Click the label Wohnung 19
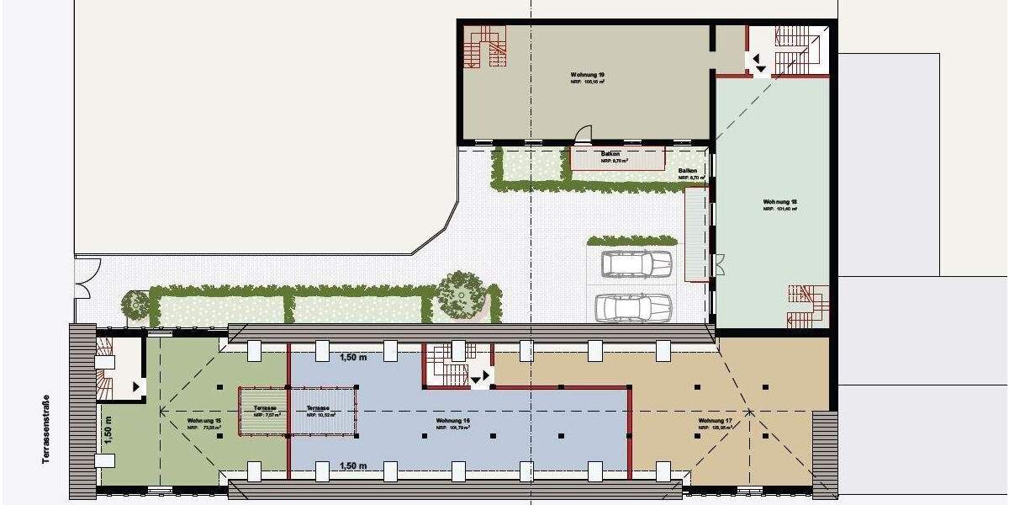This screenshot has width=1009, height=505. click(587, 75)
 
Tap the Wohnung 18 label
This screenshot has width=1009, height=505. click(779, 202)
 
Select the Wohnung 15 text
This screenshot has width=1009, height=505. click(204, 421)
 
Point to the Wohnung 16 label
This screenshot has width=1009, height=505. click(452, 421)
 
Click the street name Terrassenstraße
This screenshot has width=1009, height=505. click(47, 429)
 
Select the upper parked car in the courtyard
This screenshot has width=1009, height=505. click(637, 264)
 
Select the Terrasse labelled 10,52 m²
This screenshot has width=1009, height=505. click(320, 410)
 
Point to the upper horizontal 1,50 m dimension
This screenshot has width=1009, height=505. click(353, 357)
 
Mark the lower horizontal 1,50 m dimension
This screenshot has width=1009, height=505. click(353, 465)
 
